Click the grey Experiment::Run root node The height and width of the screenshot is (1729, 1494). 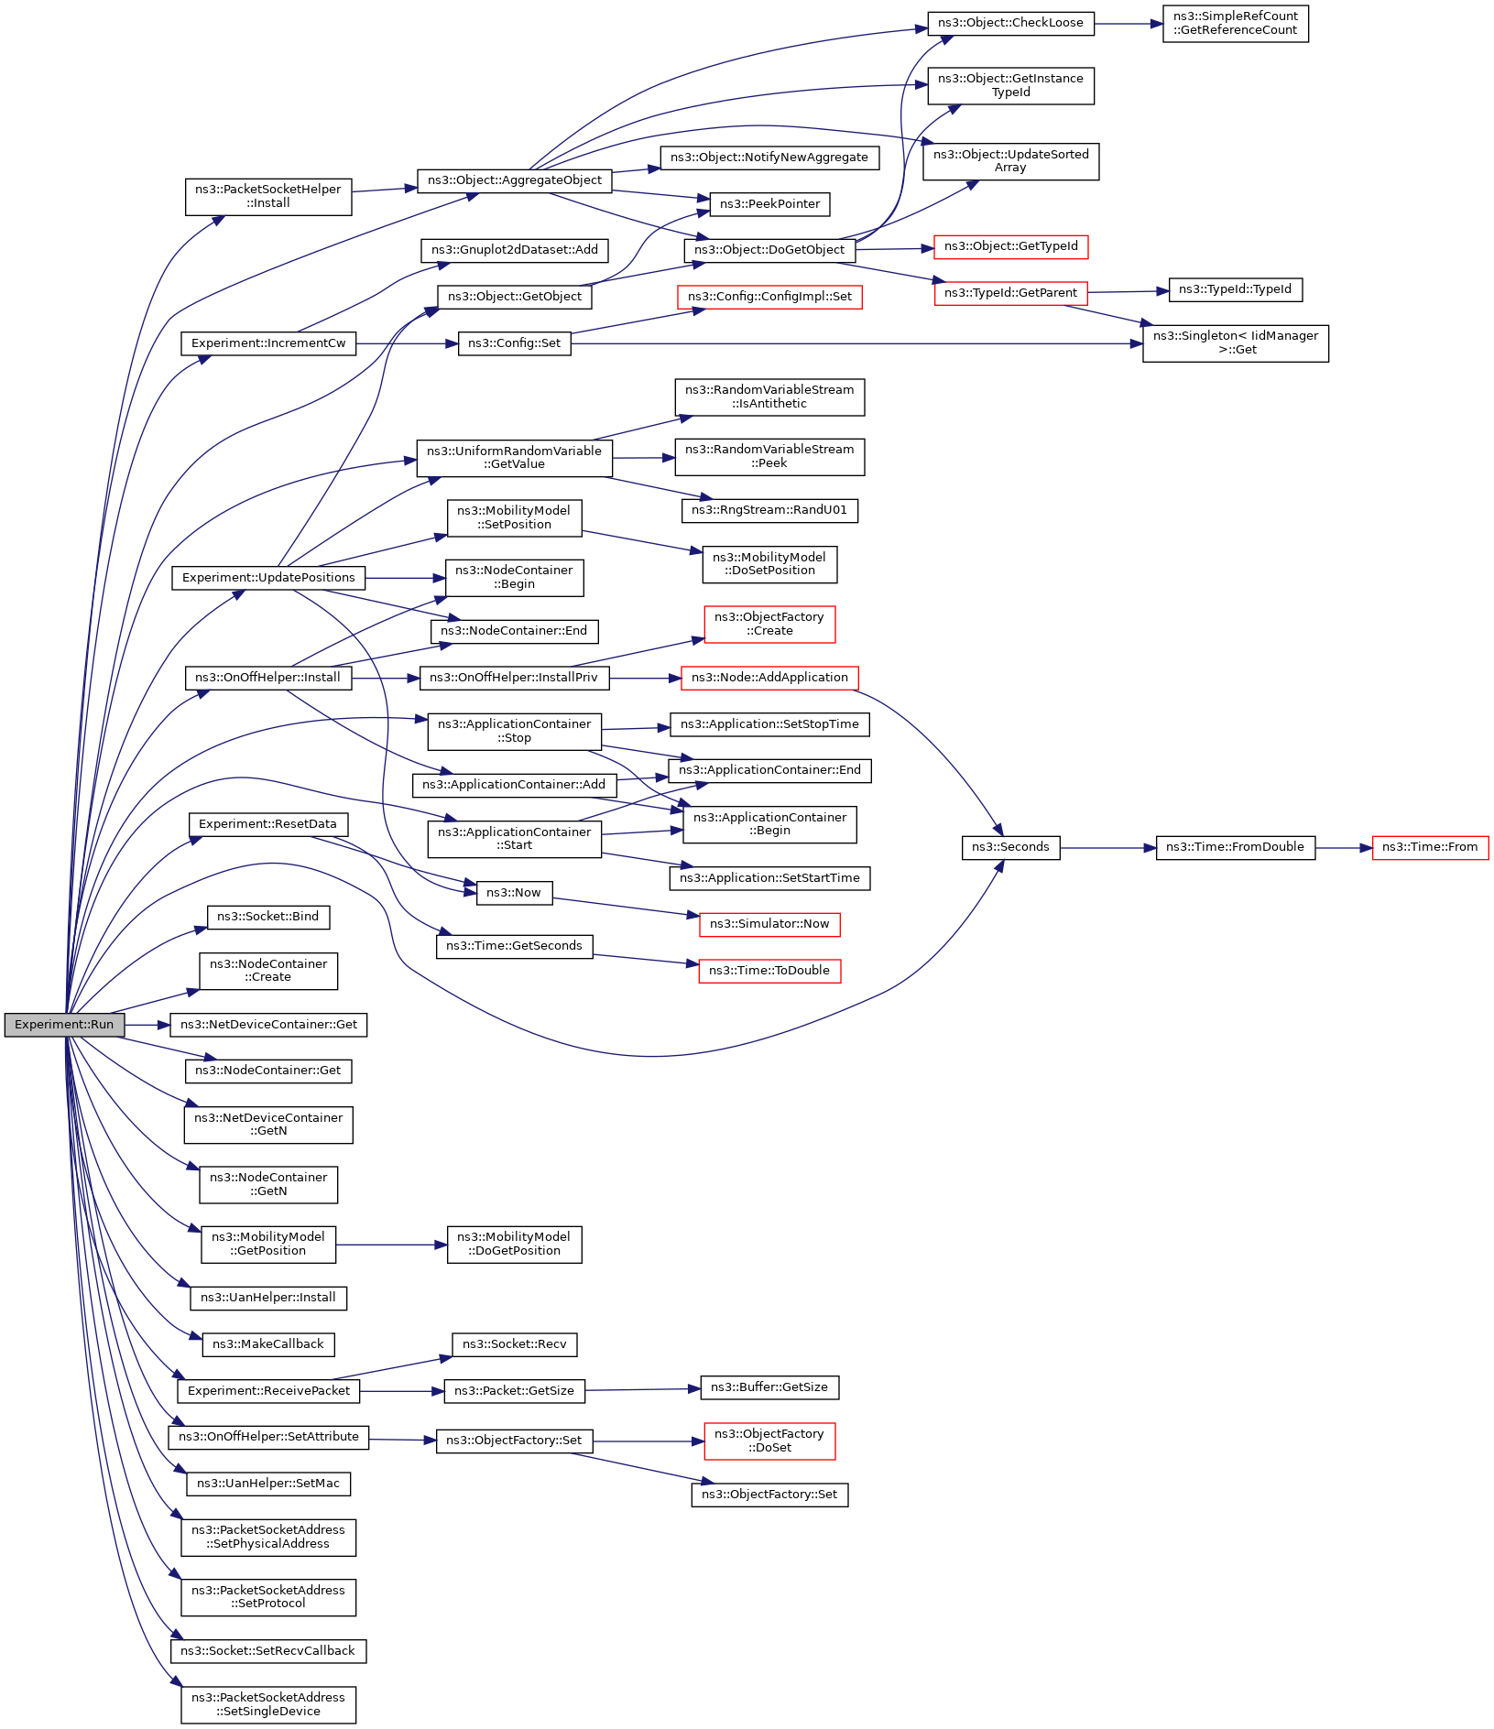click(64, 1025)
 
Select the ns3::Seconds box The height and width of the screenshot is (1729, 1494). click(1010, 847)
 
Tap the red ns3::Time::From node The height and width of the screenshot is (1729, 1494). click(1429, 847)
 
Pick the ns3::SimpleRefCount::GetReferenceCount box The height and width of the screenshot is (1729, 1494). click(1235, 24)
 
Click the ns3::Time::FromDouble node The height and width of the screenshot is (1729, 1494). click(1235, 847)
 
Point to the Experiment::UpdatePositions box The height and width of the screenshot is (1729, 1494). click(268, 578)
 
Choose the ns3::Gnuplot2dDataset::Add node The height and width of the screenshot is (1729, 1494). click(514, 250)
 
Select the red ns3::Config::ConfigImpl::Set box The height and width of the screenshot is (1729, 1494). click(769, 297)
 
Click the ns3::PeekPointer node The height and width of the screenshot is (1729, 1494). click(769, 204)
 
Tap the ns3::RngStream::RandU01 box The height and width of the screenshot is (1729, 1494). click(769, 510)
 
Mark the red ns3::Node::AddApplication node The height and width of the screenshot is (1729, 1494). click(769, 678)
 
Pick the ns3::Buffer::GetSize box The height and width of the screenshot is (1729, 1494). click(769, 1387)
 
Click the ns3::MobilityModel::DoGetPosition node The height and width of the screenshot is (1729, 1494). click(514, 1245)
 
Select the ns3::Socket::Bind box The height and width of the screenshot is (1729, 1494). click(267, 917)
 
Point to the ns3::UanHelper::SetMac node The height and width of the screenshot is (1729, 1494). click(268, 1484)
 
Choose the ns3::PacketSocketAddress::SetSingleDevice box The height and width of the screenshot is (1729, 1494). click(268, 1704)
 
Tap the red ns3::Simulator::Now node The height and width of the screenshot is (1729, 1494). click(769, 924)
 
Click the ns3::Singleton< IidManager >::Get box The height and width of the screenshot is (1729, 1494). click(1235, 343)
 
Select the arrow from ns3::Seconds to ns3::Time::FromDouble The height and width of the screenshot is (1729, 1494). click(1103, 848)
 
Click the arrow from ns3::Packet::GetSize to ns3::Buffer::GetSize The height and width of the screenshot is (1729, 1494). click(642, 1389)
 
